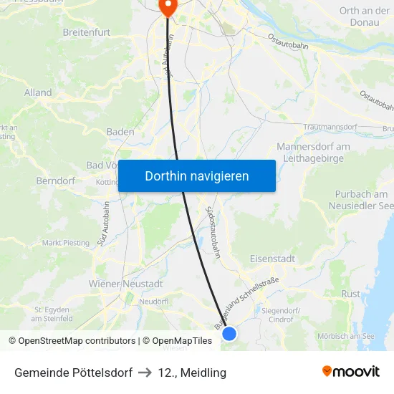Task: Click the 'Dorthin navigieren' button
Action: (x=196, y=176)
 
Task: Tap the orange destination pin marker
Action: (x=167, y=6)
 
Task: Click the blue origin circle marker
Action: (x=229, y=333)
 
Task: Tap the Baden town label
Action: (x=120, y=132)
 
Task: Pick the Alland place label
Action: (x=38, y=92)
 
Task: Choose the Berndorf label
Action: (x=56, y=181)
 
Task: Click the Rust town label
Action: (x=351, y=294)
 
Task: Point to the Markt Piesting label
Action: (x=67, y=243)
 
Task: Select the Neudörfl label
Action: (x=153, y=302)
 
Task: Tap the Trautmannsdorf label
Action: (x=330, y=127)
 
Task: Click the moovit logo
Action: (x=350, y=372)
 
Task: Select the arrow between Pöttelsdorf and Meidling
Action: (x=144, y=373)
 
